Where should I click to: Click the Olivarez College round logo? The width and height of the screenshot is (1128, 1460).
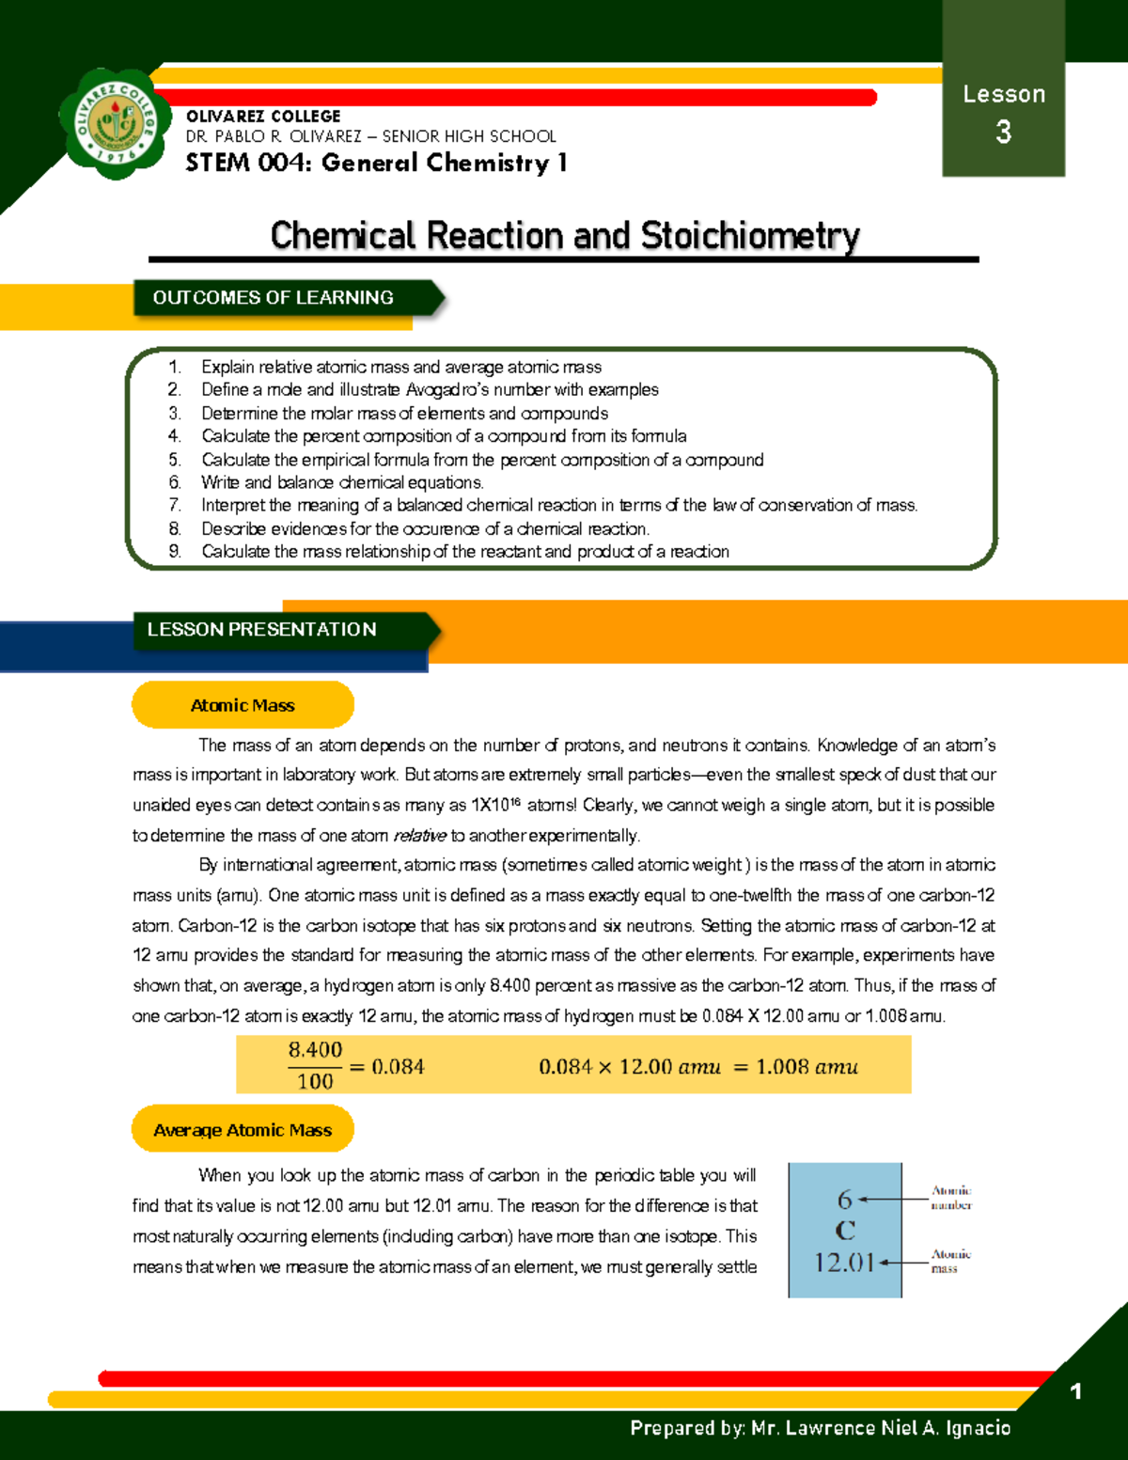tap(117, 123)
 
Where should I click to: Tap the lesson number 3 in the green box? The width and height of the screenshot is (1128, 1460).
tap(1004, 132)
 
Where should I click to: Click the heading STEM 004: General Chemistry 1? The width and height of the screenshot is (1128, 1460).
tap(376, 163)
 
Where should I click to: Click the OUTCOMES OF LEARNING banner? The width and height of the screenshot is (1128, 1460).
tap(274, 298)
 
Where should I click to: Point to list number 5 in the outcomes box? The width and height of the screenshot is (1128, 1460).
tap(175, 460)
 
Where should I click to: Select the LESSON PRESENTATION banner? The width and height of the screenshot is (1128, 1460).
tap(262, 630)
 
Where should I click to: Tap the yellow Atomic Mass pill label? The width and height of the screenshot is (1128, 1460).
tap(243, 705)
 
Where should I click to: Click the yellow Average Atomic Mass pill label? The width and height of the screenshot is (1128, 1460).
tap(243, 1130)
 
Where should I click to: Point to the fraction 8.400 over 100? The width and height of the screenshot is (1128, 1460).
tap(315, 1065)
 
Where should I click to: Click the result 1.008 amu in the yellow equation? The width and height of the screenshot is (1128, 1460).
tap(807, 1067)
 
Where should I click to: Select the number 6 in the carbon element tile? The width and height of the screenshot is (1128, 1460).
tap(844, 1200)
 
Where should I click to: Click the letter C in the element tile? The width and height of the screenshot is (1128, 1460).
tap(845, 1230)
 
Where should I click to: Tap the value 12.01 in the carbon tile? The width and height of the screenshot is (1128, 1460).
tap(843, 1263)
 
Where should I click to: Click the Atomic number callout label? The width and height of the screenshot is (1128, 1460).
tap(951, 1198)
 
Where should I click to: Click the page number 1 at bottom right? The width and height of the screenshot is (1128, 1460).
tap(1076, 1391)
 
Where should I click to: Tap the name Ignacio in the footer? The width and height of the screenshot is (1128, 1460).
tap(978, 1428)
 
